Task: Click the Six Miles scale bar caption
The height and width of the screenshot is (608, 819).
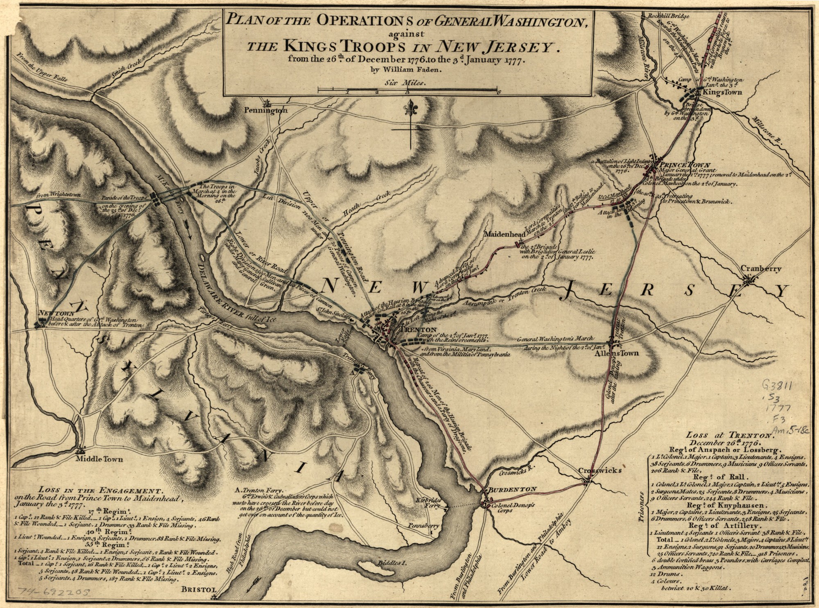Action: [405, 82]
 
